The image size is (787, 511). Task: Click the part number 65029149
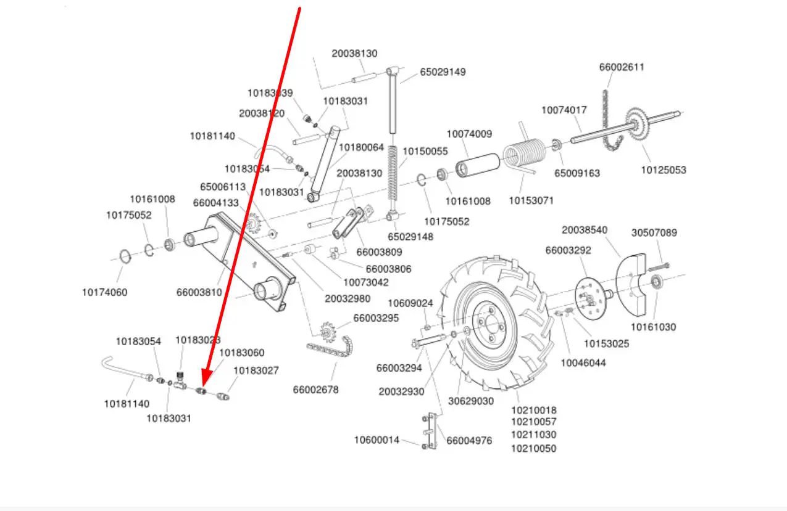click(443, 72)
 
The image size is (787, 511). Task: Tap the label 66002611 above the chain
click(622, 67)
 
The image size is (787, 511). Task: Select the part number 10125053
click(663, 170)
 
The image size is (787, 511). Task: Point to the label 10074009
click(469, 134)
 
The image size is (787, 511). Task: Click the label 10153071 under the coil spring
click(531, 200)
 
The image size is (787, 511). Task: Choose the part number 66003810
click(199, 292)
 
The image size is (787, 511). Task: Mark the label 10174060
click(104, 292)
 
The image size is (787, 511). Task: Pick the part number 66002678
click(315, 390)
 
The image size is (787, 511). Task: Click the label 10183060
click(242, 353)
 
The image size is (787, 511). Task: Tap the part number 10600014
click(377, 439)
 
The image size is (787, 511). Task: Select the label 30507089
click(654, 233)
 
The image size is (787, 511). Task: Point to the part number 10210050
click(533, 448)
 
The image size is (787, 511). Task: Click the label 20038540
click(584, 230)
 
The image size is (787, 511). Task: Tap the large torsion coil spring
click(523, 153)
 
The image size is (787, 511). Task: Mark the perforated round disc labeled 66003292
click(589, 298)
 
